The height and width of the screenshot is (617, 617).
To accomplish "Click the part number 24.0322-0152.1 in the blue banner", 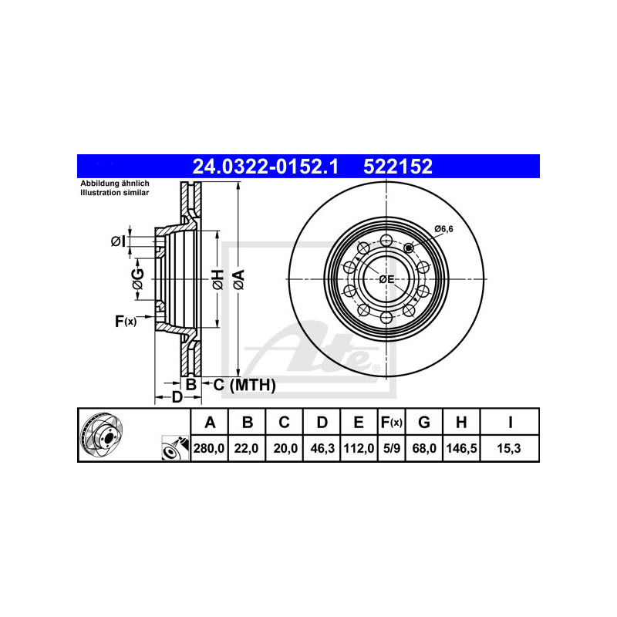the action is click(x=265, y=167).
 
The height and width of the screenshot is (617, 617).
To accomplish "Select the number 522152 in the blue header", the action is click(x=398, y=167).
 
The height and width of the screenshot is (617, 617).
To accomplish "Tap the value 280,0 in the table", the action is click(x=209, y=448).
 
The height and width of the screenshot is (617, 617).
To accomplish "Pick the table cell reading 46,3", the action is click(x=322, y=448).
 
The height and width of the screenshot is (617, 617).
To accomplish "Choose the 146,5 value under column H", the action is click(x=461, y=448).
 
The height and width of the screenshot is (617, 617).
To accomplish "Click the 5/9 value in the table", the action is click(x=392, y=448).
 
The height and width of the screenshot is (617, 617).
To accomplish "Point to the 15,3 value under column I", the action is click(x=509, y=448).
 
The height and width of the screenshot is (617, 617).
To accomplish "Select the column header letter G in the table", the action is click(x=423, y=422).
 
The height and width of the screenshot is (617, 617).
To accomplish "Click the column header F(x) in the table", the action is click(x=392, y=422).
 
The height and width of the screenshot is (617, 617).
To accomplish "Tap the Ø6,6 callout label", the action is click(x=444, y=228).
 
